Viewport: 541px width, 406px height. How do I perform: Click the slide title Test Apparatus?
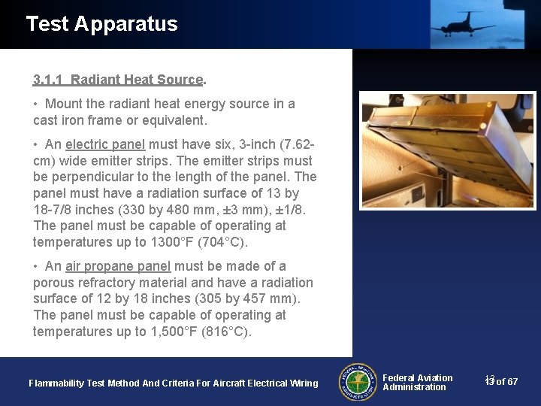101,24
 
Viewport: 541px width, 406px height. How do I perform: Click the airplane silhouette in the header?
461,23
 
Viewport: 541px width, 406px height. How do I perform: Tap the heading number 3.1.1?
48,80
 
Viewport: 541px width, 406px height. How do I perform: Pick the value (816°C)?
226,332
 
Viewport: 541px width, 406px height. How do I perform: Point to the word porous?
53,283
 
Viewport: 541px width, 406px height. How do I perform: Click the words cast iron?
61,120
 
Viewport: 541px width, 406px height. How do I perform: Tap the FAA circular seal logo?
358,382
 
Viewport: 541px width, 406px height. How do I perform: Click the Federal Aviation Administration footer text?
417,382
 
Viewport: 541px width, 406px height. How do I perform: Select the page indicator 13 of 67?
501,382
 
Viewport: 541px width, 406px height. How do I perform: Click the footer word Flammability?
56,383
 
